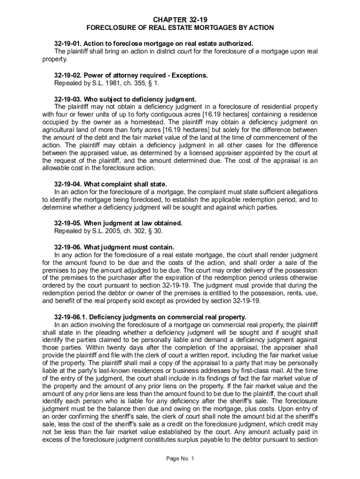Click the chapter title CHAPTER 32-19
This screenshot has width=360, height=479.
coord(180,20)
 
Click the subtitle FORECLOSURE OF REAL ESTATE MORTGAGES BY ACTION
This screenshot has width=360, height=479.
coord(180,28)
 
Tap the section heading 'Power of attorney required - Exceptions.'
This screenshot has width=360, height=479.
coord(145,75)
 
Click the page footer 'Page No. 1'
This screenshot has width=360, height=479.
coord(180,458)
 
